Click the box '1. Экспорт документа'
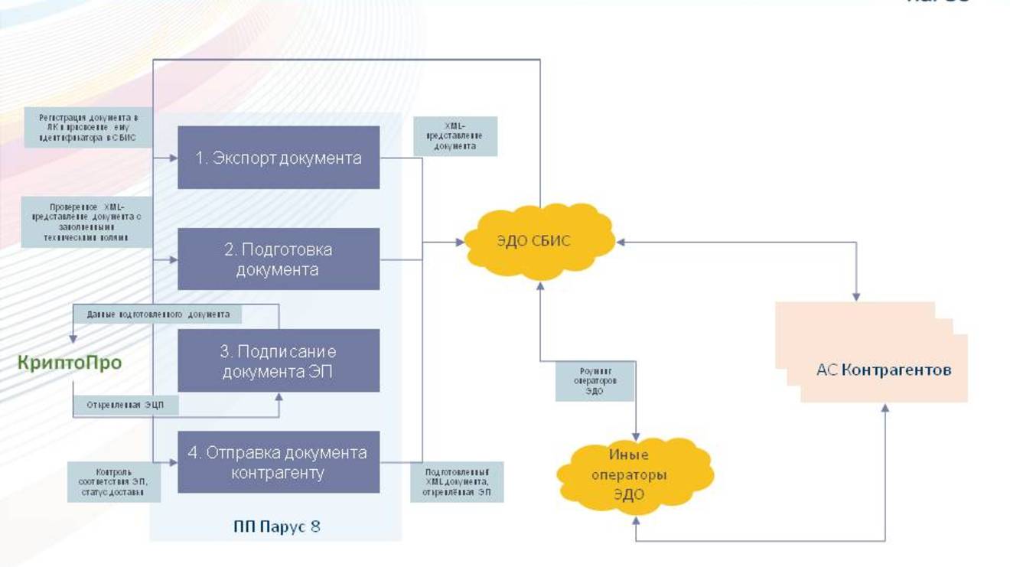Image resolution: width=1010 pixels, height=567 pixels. pos(279,158)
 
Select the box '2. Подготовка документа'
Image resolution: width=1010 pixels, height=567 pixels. pos(279,259)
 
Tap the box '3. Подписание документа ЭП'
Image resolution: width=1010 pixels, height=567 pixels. pos(279,361)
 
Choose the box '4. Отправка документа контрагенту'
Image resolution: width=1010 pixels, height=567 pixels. pos(279,462)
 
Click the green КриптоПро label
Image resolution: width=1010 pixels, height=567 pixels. pos(70,362)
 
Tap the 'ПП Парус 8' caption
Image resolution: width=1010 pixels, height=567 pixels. pos(276,526)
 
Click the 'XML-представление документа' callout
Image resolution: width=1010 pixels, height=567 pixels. pos(455,136)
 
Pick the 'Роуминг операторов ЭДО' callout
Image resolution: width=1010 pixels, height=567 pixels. pos(595,380)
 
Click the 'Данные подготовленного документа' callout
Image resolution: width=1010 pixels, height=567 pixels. pos(158,314)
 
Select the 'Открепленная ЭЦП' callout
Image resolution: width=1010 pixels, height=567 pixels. pos(125,405)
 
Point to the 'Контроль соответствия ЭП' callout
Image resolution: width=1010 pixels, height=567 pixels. pos(115,482)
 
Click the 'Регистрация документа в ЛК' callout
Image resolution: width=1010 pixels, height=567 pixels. pos(88,128)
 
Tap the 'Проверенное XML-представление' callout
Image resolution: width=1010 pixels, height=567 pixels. pos(86,222)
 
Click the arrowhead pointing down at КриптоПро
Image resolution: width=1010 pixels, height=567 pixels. pos(73,337)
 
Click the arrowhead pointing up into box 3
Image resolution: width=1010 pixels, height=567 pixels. pos(279,398)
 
